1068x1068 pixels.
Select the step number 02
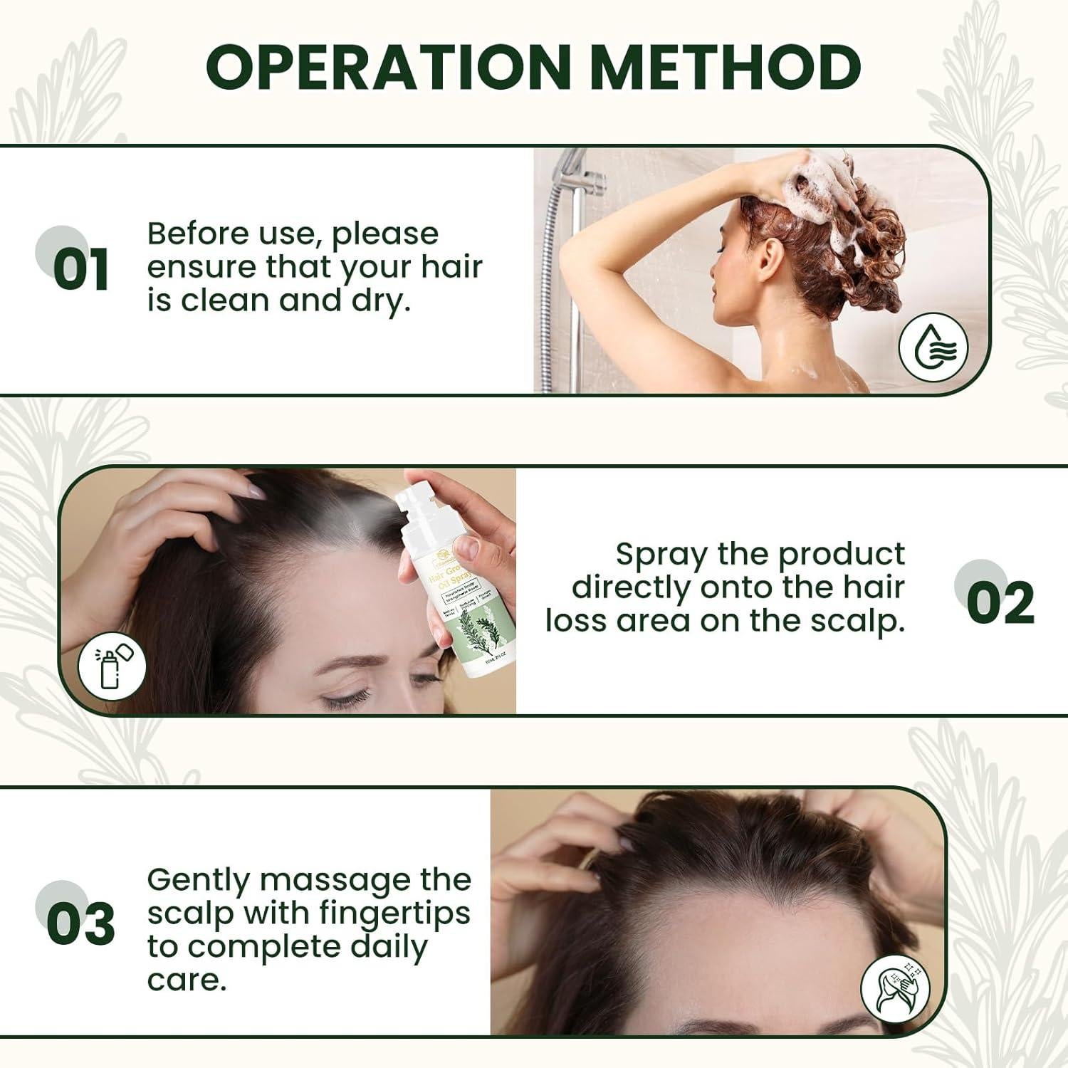tap(1000, 602)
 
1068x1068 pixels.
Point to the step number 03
tap(80, 923)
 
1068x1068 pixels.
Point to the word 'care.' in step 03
tap(187, 980)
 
